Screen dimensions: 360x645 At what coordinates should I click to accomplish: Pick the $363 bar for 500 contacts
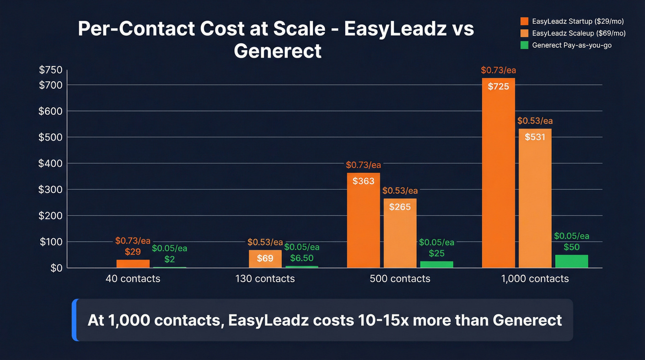[364, 220]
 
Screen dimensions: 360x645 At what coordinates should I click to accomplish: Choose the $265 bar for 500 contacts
[400, 233]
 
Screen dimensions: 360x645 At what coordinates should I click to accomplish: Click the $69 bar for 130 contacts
[265, 259]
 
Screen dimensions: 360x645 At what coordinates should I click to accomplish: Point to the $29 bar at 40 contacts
[133, 264]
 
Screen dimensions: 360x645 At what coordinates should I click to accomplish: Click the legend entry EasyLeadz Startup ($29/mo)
[572, 21]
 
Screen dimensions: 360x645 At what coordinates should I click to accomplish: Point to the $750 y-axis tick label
[51, 70]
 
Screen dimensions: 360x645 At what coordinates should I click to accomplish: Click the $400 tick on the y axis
[51, 164]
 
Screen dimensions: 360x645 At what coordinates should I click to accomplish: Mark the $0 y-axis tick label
[56, 268]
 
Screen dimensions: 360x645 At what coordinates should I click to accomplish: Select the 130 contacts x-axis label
[265, 279]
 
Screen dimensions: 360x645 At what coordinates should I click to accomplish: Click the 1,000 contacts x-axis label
[535, 279]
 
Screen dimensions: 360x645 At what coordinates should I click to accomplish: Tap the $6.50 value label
[302, 259]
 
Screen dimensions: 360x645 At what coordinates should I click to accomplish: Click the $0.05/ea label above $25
[437, 242]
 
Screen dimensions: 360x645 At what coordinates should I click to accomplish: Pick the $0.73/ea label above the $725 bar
[498, 71]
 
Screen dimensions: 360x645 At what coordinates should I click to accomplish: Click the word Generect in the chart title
[277, 50]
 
